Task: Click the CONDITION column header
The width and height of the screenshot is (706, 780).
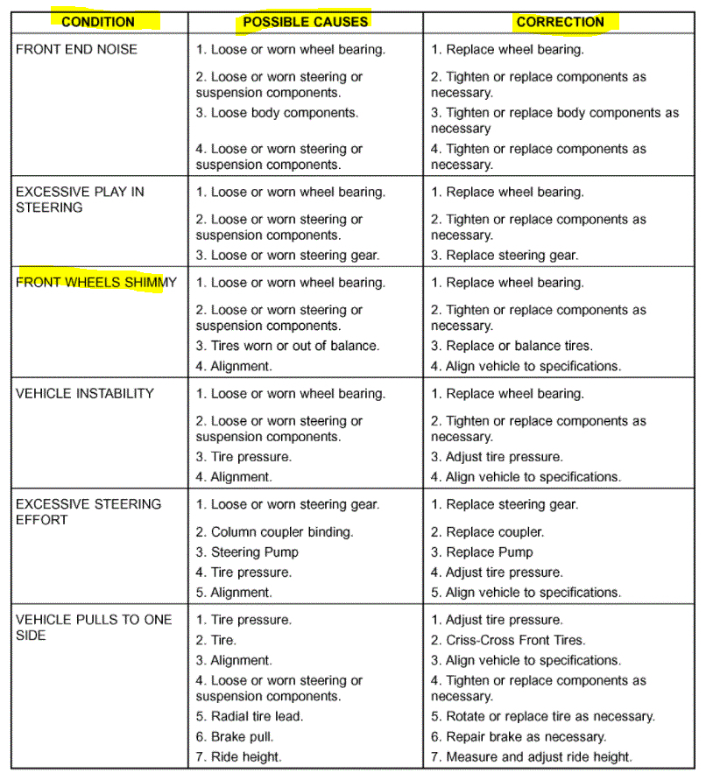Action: click(x=98, y=22)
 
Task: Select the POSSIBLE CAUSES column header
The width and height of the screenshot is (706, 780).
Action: click(x=306, y=22)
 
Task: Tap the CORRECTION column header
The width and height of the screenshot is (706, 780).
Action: click(x=560, y=22)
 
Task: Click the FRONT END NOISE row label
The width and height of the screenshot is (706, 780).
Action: click(x=76, y=49)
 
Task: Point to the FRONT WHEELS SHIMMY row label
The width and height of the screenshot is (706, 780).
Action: click(x=95, y=283)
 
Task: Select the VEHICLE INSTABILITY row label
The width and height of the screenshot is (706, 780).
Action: click(x=84, y=393)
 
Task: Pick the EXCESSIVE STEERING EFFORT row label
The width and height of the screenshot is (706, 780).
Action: click(x=88, y=511)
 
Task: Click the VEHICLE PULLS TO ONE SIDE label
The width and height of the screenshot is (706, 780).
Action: click(x=93, y=627)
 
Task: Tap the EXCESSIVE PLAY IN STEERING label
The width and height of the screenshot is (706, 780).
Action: click(x=80, y=200)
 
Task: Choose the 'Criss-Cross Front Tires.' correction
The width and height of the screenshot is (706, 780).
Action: click(x=508, y=640)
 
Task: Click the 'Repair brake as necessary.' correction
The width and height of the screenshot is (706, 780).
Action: click(x=519, y=736)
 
